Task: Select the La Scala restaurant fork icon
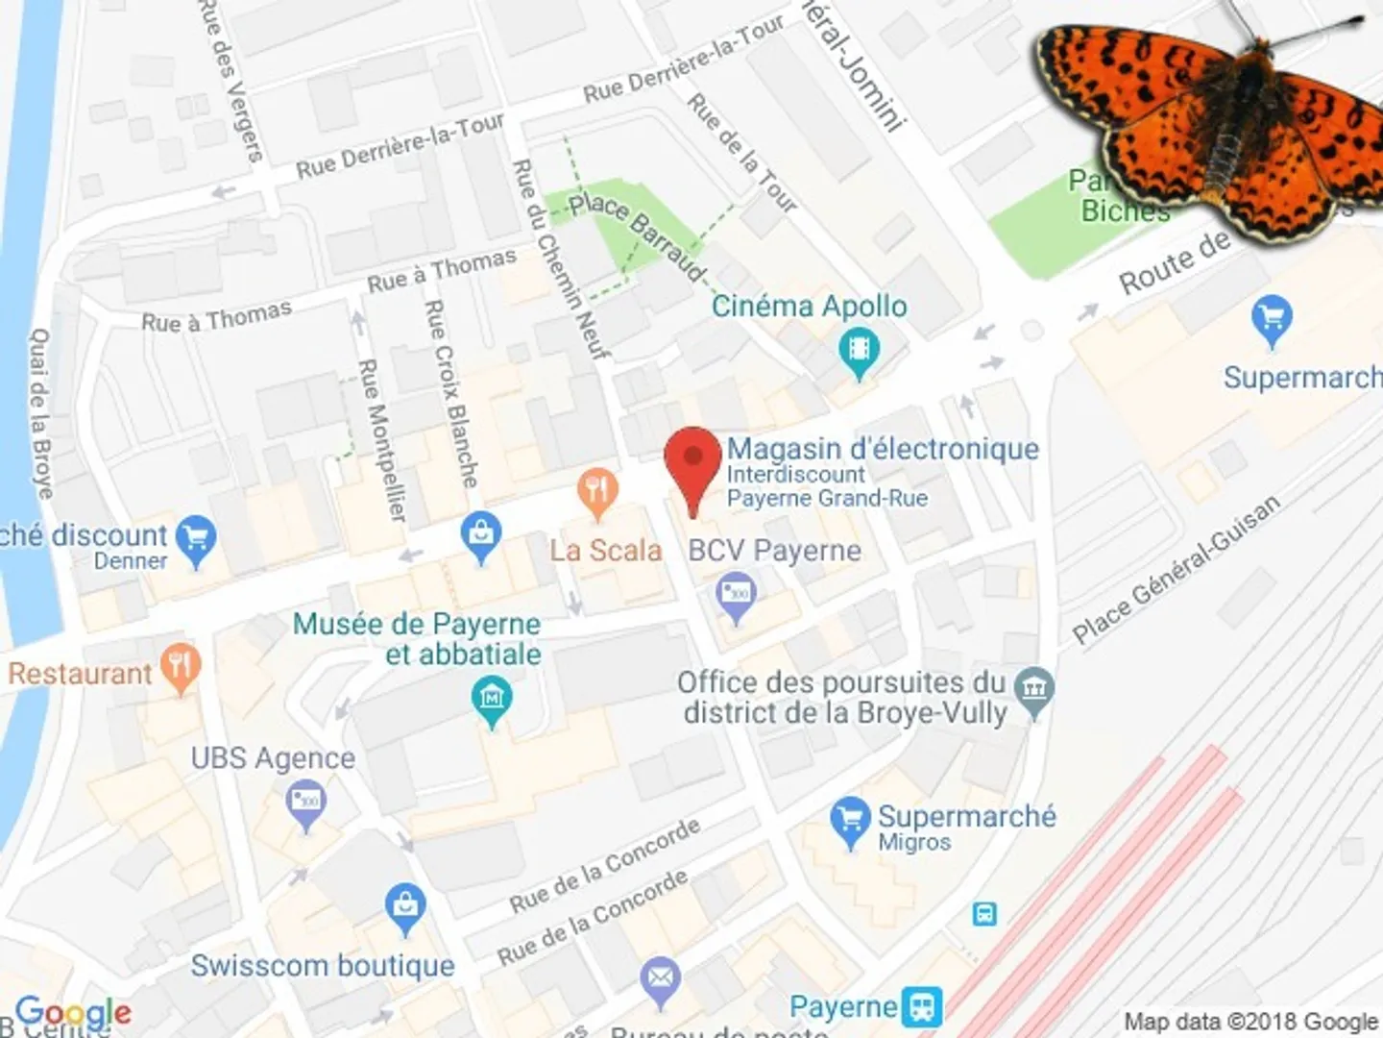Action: [x=596, y=493]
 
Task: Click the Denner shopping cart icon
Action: [x=197, y=541]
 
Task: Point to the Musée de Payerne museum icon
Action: [x=493, y=700]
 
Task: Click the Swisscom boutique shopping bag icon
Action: [x=405, y=907]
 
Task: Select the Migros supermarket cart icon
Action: [x=850, y=821]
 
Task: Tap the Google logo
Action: [x=73, y=1012]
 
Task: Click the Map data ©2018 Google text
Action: [x=1250, y=1021]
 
